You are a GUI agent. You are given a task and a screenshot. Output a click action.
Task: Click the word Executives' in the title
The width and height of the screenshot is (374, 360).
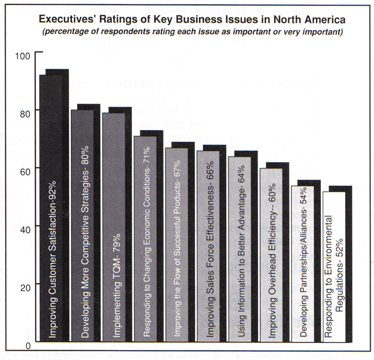click(66, 19)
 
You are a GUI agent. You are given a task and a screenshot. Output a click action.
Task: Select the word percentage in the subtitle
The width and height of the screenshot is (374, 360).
click(66, 32)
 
